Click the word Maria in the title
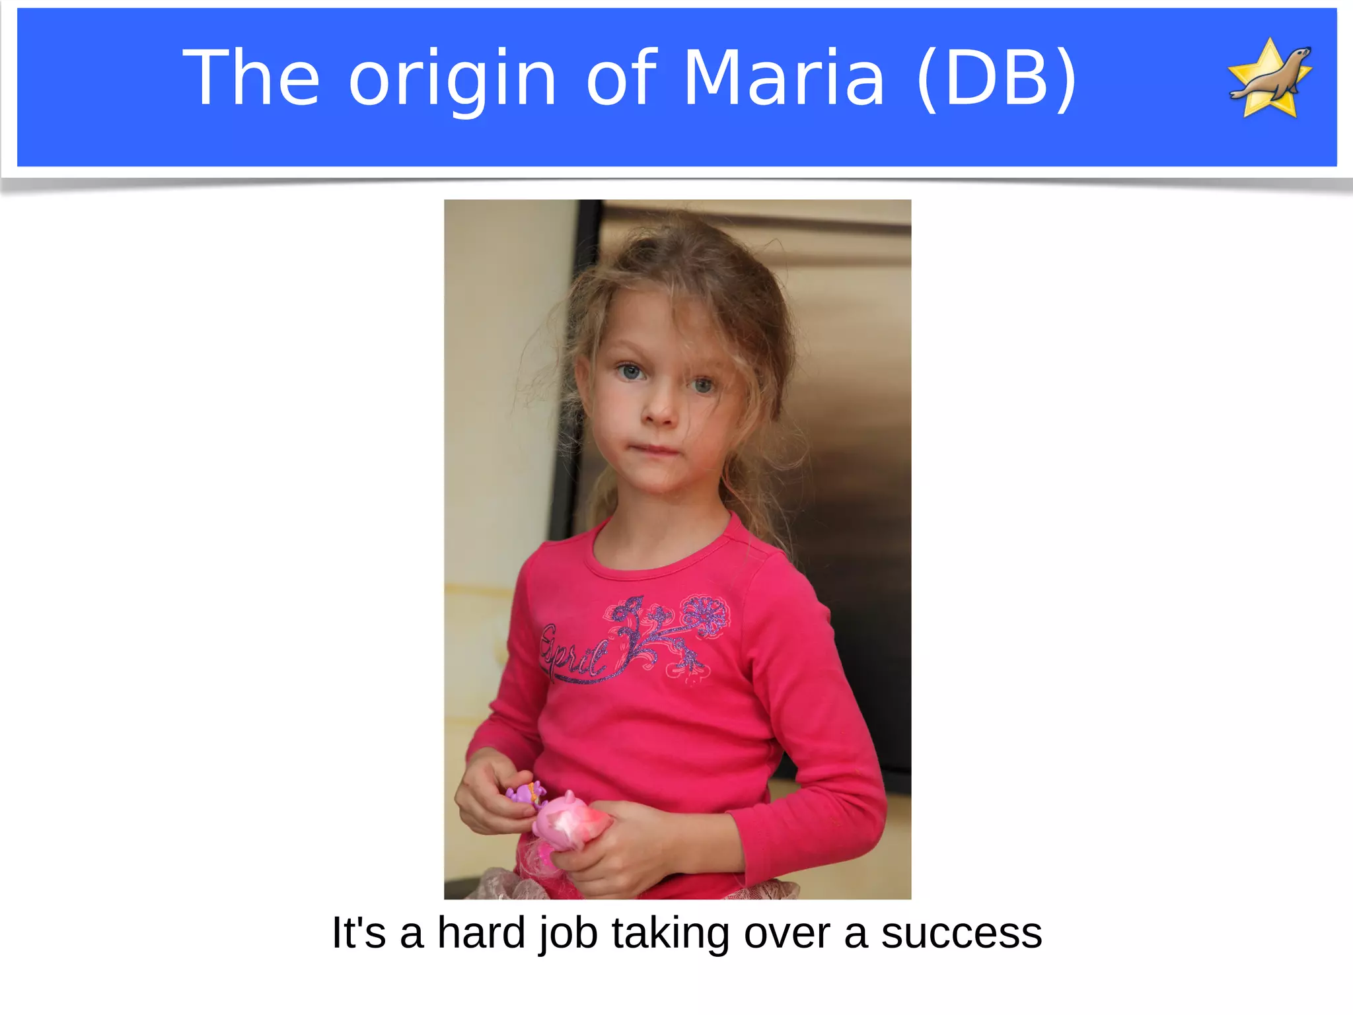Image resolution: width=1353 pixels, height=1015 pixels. click(784, 78)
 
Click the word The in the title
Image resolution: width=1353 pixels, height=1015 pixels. click(251, 78)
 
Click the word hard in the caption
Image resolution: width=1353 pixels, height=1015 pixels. click(481, 933)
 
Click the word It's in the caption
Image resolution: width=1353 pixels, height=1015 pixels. click(358, 933)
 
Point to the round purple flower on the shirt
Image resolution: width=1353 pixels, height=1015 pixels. click(706, 615)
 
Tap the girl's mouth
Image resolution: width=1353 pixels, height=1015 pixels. click(657, 450)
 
